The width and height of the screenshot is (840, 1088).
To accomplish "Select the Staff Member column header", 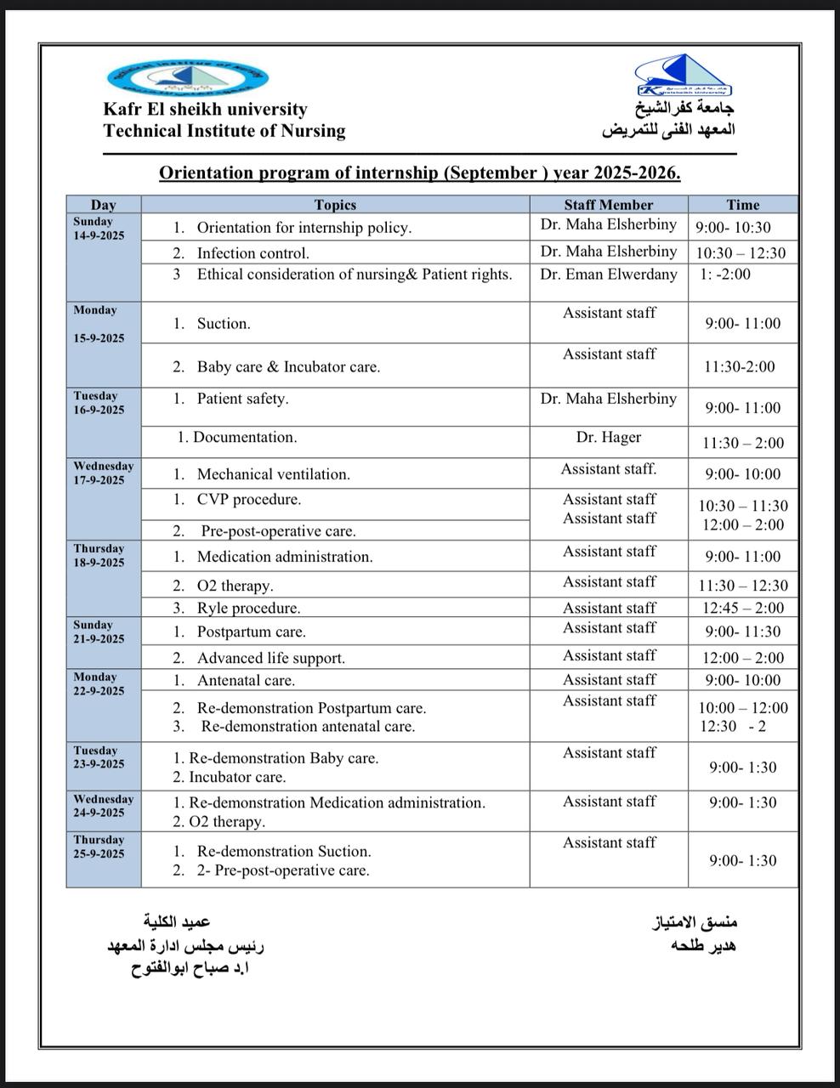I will (x=608, y=205).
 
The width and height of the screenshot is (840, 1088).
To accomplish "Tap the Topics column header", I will (x=335, y=205).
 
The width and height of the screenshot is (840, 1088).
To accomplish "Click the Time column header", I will (x=742, y=205).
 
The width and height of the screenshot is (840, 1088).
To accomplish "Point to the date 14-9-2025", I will (x=99, y=235).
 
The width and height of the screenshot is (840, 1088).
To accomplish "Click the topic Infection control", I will (x=253, y=253).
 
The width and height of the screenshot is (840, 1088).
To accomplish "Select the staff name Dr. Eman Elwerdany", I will (x=608, y=274).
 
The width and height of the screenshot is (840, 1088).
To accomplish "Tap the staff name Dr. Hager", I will (x=608, y=437).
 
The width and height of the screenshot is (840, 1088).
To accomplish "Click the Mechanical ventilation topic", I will (x=273, y=474).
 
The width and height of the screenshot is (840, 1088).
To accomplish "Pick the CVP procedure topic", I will (x=248, y=500).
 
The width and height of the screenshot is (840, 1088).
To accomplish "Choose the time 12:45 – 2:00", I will (x=742, y=608).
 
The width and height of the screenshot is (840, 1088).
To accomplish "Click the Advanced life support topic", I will (x=270, y=658).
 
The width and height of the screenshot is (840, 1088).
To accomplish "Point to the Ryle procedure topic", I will (x=248, y=609).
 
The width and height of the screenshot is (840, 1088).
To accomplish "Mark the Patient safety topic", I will (x=242, y=399).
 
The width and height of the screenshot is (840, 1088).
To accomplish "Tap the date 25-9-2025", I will (x=99, y=853).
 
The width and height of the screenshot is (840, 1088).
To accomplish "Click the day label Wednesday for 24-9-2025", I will (x=103, y=799).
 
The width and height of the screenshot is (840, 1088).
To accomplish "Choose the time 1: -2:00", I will (x=725, y=274).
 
